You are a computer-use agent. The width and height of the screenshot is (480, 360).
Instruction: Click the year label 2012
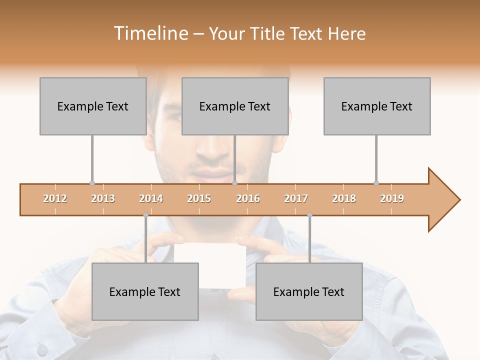tap(55, 198)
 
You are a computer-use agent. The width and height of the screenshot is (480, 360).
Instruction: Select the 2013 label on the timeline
tap(103, 198)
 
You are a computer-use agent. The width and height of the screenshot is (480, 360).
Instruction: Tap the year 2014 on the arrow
tap(151, 198)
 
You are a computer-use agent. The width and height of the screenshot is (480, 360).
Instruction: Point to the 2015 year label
tap(199, 198)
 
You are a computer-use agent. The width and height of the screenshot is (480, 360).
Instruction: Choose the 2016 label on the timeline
tap(248, 198)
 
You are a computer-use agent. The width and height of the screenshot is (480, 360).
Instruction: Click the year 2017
tap(296, 198)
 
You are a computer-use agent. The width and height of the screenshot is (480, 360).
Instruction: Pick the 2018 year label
tap(344, 198)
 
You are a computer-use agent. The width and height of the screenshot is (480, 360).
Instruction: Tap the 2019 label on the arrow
tap(392, 198)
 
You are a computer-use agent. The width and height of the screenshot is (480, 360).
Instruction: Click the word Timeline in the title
tap(150, 33)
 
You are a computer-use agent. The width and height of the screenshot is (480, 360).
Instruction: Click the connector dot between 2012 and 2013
tap(92, 183)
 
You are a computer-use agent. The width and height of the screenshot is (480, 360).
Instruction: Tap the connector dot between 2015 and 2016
tap(234, 183)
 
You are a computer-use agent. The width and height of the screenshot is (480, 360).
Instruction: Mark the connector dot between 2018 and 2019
tap(376, 183)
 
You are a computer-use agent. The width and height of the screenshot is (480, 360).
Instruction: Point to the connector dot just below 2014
tap(145, 215)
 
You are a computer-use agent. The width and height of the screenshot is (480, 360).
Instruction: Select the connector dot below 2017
tap(309, 215)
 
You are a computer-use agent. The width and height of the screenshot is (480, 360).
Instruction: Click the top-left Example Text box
tap(93, 106)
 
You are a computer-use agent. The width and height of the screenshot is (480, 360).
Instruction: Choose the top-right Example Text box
tap(377, 106)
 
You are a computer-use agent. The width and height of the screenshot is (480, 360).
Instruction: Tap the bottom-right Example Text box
tap(309, 291)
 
